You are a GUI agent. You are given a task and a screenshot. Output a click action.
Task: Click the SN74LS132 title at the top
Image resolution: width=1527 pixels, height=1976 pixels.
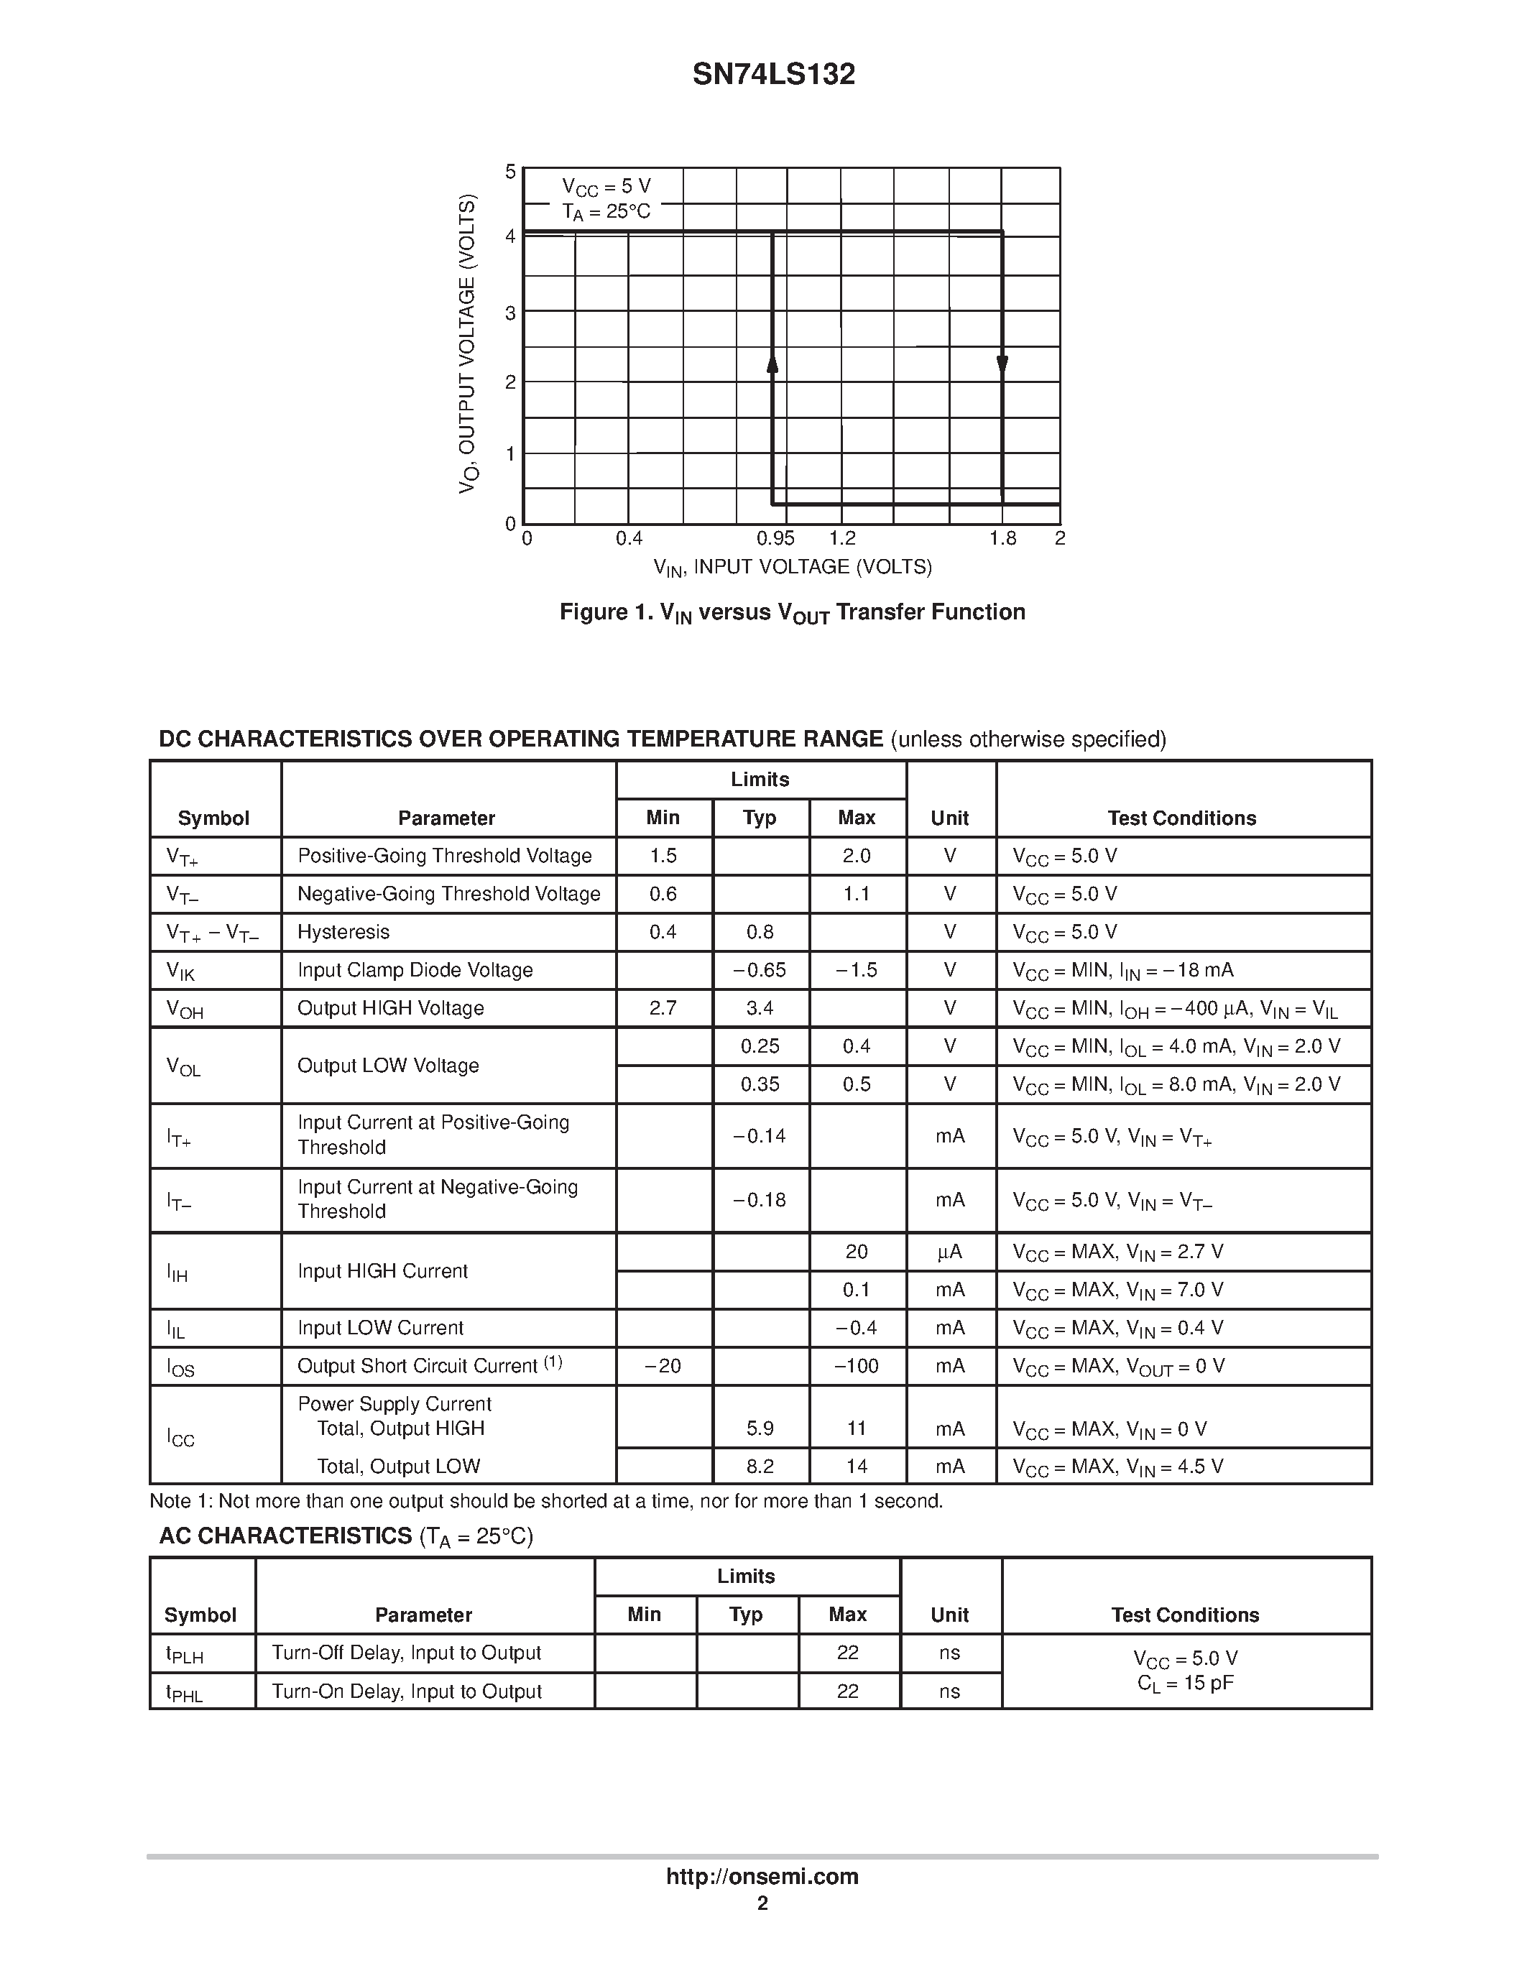click(773, 74)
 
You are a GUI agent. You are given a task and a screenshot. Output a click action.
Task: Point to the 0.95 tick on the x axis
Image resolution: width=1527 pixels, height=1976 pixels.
click(775, 539)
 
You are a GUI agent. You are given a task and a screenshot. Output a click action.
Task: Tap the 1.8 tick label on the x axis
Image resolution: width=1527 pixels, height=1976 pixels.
click(1002, 539)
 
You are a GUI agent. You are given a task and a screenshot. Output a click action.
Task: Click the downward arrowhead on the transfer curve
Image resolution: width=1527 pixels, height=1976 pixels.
click(1002, 364)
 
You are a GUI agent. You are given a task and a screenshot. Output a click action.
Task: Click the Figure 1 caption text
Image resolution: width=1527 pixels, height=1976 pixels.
click(792, 612)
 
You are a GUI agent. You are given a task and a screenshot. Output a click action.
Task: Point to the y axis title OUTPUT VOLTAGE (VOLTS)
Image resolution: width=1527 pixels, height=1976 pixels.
click(467, 343)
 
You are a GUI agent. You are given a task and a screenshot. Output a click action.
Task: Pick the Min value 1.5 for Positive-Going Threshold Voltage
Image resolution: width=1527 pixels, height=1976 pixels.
click(663, 856)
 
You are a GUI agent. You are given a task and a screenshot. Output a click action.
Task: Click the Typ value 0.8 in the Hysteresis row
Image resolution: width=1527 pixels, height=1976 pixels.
click(760, 932)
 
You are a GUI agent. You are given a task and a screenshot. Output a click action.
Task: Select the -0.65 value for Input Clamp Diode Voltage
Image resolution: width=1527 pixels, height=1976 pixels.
click(760, 970)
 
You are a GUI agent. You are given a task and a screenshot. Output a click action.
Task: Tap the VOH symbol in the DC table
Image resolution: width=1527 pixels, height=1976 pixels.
click(185, 1009)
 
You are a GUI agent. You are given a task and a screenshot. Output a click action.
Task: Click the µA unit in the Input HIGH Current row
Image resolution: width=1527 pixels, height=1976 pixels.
click(950, 1252)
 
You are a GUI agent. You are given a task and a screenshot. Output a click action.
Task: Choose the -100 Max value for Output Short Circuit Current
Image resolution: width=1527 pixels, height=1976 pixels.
click(856, 1366)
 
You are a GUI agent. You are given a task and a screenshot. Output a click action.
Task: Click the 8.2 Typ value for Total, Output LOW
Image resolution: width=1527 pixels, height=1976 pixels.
click(760, 1467)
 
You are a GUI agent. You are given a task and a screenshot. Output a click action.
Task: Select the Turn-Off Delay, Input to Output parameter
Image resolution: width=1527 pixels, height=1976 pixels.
click(406, 1653)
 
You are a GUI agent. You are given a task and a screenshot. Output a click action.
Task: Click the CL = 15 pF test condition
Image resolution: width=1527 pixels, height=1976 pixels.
click(1185, 1684)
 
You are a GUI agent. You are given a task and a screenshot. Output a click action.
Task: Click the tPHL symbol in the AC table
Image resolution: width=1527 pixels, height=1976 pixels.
click(184, 1693)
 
